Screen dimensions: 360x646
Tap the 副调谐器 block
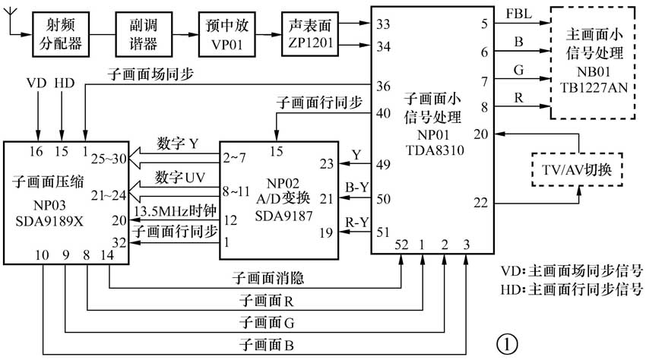point(142,33)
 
